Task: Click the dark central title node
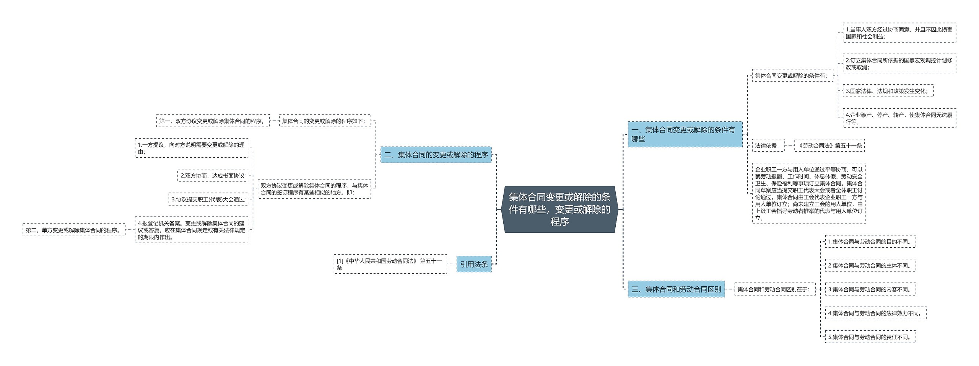tap(559, 209)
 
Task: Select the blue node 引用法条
tap(474, 264)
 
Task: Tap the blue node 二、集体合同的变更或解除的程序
tap(436, 155)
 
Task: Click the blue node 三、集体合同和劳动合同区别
tap(676, 289)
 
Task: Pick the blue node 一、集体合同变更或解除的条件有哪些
tap(685, 134)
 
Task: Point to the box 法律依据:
tap(768, 145)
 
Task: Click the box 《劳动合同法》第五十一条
tap(829, 145)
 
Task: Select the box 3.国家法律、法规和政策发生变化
tap(888, 91)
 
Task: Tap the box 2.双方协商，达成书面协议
tap(213, 175)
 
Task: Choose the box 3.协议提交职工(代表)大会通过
tap(208, 199)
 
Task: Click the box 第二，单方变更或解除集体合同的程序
tap(74, 230)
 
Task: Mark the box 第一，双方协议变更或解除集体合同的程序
tap(213, 121)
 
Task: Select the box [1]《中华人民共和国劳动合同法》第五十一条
tap(390, 264)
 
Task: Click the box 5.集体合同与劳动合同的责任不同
tap(870, 337)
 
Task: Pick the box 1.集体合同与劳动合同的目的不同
tap(870, 242)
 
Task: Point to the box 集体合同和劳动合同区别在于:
tap(775, 289)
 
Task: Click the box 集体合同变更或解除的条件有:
tap(791, 76)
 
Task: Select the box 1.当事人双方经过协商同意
tap(899, 33)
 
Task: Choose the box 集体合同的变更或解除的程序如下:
tap(325, 121)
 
